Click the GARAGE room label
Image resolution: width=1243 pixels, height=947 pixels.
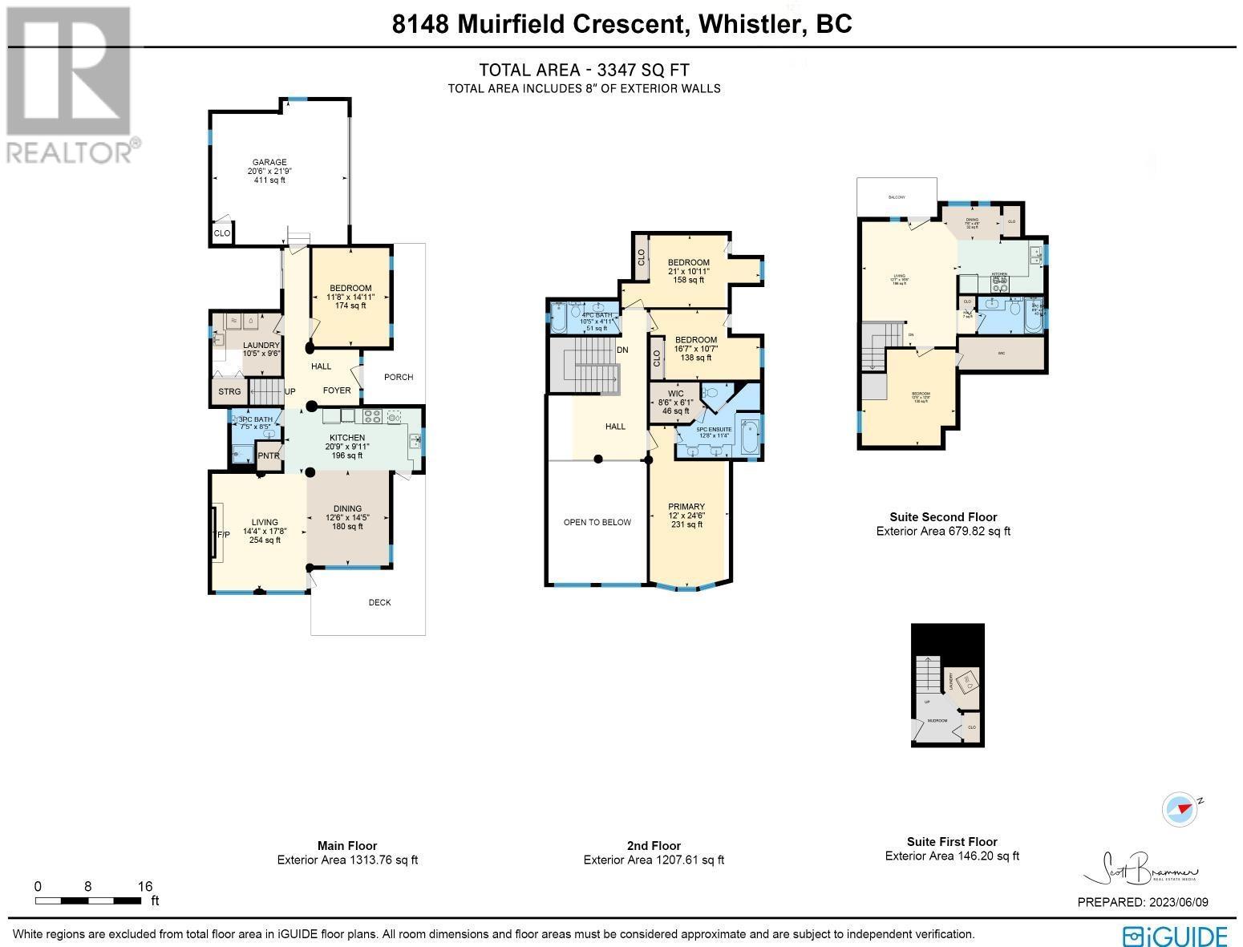click(266, 163)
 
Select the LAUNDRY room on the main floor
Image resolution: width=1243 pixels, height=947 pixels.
click(261, 346)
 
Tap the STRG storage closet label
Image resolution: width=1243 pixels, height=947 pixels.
click(229, 392)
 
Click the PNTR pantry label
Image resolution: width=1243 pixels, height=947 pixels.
click(269, 456)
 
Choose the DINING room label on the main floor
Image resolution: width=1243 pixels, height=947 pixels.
click(347, 508)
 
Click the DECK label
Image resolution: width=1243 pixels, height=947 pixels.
click(379, 602)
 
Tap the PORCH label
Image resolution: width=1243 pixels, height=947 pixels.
click(399, 377)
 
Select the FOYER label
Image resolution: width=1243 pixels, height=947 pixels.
click(337, 391)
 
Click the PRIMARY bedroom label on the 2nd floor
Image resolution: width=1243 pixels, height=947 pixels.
click(686, 507)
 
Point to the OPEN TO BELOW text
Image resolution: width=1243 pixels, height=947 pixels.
click(597, 522)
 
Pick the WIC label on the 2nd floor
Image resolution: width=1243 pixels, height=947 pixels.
click(675, 394)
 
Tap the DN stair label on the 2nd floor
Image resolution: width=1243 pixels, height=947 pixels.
click(622, 350)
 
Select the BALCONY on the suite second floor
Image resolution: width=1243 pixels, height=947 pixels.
click(896, 197)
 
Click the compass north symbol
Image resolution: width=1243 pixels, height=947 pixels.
click(1179, 808)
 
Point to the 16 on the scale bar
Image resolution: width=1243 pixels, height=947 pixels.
click(144, 886)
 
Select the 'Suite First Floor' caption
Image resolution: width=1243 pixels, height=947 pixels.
click(951, 841)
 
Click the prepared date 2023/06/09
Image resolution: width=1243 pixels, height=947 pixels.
click(1177, 902)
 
